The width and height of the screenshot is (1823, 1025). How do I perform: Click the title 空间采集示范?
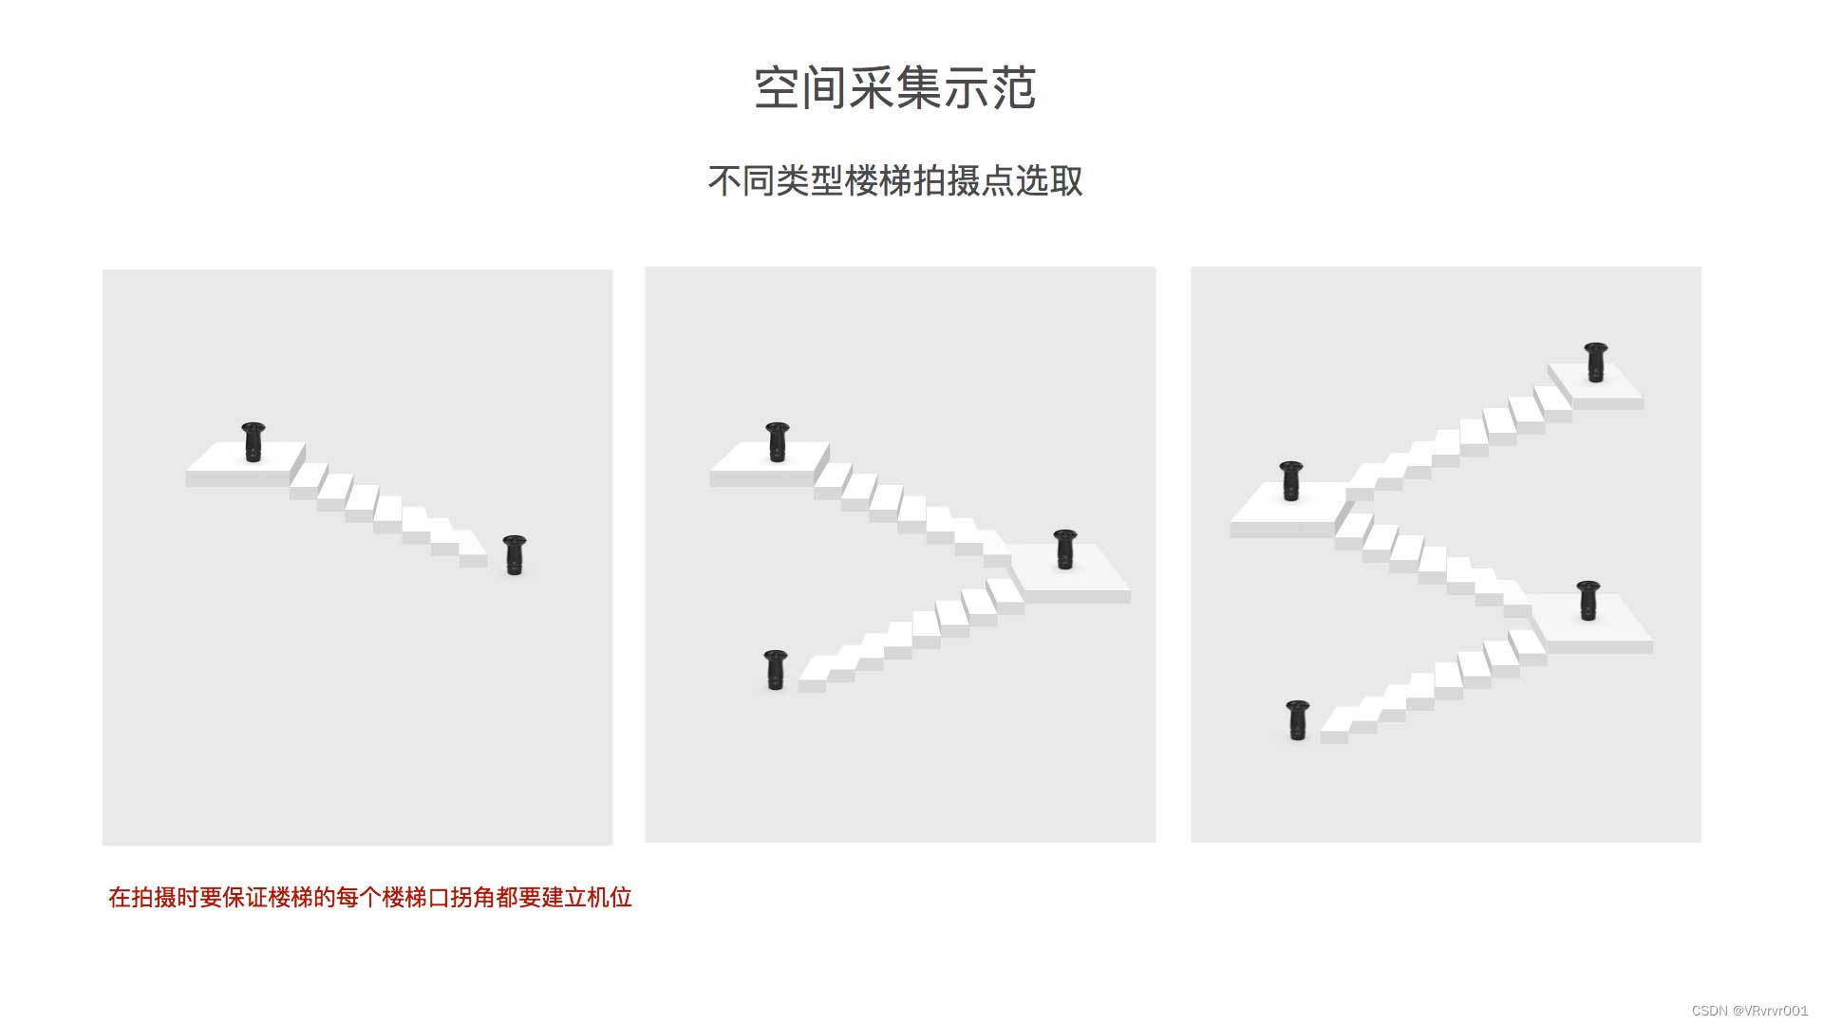click(894, 88)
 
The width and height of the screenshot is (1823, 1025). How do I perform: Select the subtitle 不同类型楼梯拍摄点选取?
click(895, 180)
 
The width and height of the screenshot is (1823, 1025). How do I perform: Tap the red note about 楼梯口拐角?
click(370, 898)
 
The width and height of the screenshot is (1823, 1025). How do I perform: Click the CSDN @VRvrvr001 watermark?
click(1749, 1011)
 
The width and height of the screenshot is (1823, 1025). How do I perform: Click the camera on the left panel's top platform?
click(253, 442)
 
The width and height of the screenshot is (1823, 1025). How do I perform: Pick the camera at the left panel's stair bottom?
click(514, 555)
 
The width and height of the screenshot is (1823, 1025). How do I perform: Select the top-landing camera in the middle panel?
click(777, 442)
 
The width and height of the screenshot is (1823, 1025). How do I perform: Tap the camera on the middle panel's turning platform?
click(1065, 550)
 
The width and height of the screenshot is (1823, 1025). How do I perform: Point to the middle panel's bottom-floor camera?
click(776, 670)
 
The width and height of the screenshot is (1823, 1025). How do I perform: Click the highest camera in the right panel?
click(1596, 363)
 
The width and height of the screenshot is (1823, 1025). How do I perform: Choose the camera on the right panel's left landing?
click(1291, 481)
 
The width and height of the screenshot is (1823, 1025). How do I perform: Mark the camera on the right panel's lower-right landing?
click(1588, 601)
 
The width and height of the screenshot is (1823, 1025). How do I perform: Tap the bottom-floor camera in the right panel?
click(1298, 720)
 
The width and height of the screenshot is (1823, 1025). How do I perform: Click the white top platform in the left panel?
click(245, 464)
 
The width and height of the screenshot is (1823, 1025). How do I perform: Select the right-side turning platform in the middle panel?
click(1069, 573)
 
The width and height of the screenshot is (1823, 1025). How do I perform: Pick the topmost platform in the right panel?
click(1596, 384)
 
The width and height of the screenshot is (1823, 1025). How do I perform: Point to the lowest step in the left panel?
click(473, 556)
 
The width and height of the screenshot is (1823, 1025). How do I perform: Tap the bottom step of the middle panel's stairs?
click(813, 678)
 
